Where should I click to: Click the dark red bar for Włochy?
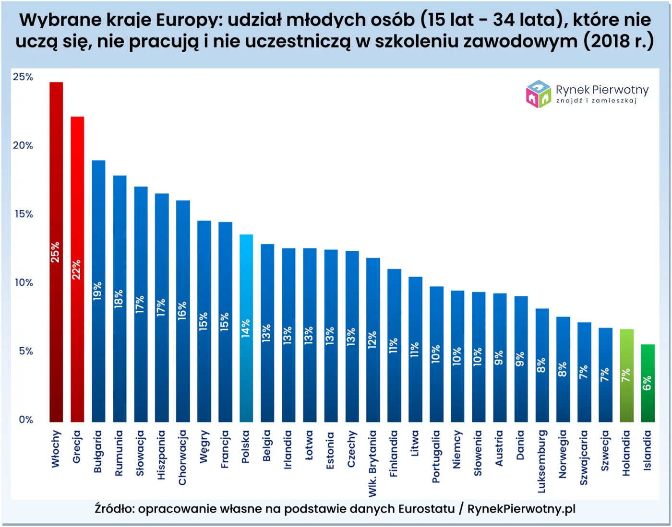click(56, 252)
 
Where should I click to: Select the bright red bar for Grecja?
click(77, 269)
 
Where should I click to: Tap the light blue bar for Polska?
click(246, 328)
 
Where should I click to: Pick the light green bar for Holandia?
click(626, 375)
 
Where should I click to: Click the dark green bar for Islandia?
click(648, 383)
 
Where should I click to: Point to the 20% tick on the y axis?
click(23, 146)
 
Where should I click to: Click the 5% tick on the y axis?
click(25, 351)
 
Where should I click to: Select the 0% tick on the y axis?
click(25, 420)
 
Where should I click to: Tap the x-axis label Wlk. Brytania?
click(372, 463)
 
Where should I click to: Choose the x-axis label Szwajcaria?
click(584, 457)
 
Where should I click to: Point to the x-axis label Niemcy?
click(457, 449)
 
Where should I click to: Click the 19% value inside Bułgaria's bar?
click(98, 291)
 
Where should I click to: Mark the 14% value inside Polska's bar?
click(246, 328)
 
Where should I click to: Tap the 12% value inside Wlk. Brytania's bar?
click(372, 340)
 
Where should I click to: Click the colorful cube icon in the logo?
click(538, 94)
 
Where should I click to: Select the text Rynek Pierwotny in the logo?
click(602, 90)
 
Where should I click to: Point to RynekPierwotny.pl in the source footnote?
click(521, 509)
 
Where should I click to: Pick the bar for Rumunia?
click(120, 298)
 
